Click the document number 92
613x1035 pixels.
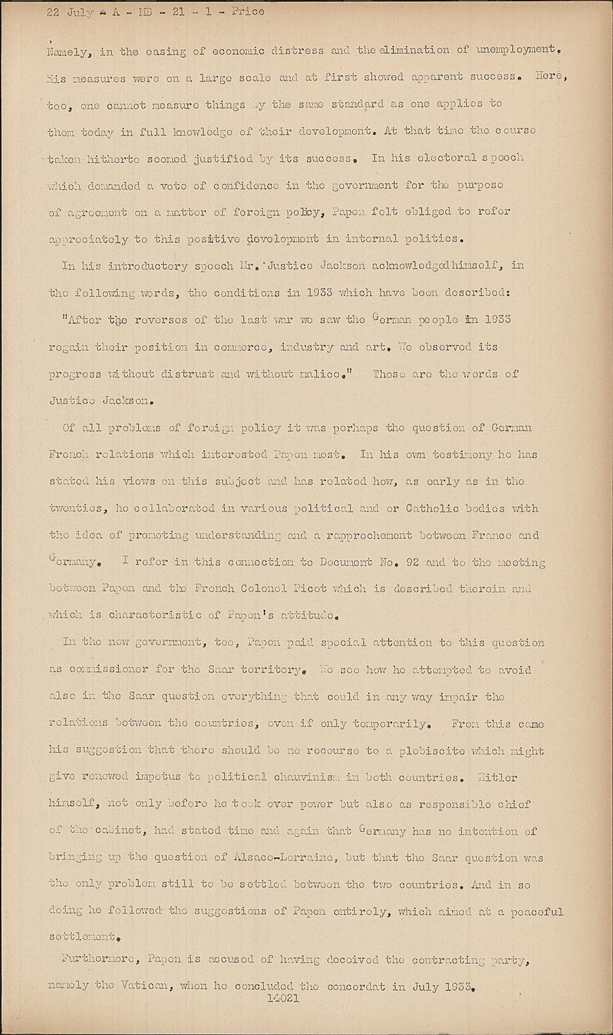coord(411,562)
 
